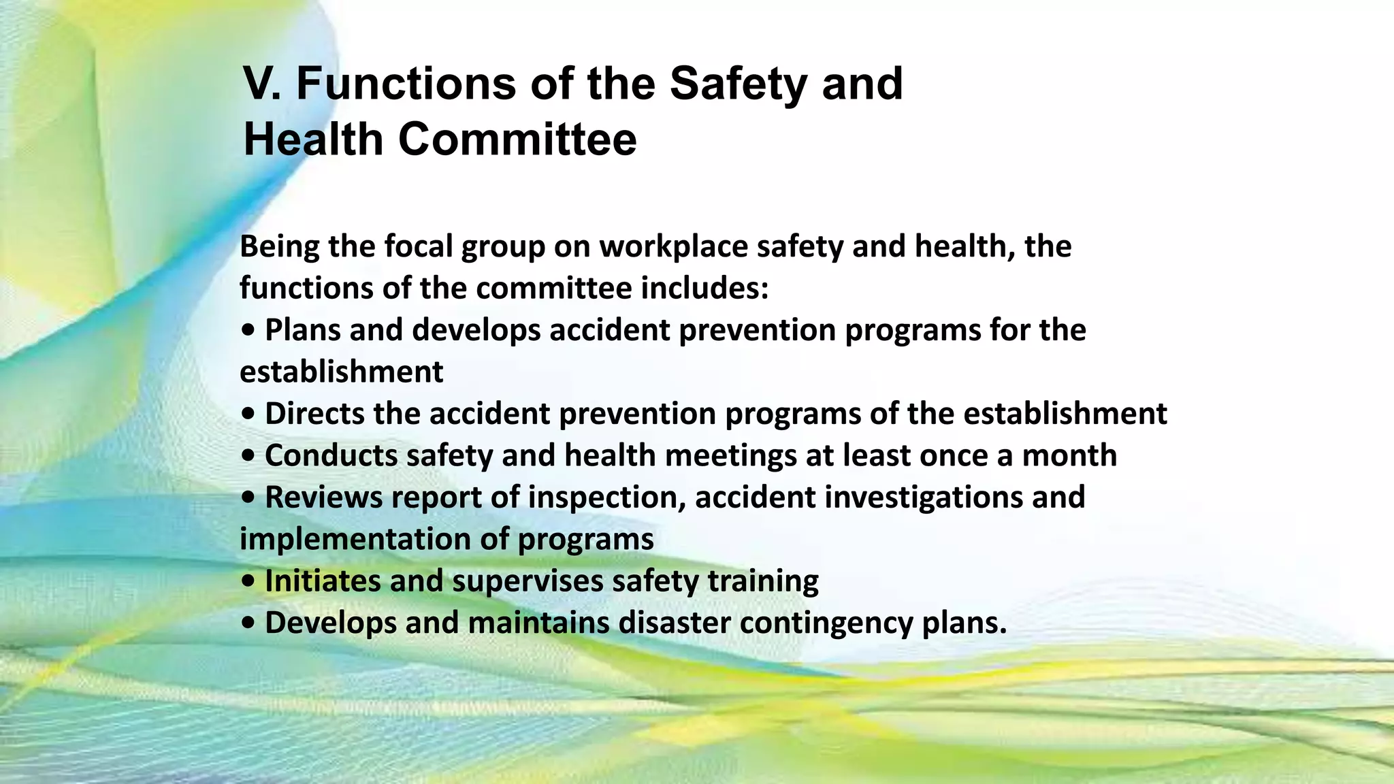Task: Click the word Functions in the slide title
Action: point(405,84)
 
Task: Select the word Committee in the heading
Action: point(517,140)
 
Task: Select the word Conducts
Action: point(331,455)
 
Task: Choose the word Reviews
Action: point(323,497)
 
